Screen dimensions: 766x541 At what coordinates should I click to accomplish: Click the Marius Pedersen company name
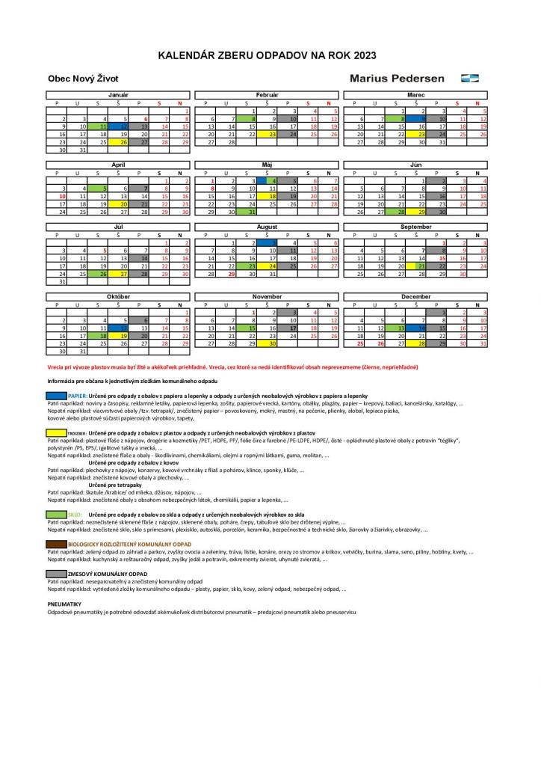pos(397,78)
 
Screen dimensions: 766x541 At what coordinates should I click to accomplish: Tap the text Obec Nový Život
pos(83,78)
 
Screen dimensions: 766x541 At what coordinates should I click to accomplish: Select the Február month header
pos(267,95)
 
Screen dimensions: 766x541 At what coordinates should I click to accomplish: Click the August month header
pos(267,226)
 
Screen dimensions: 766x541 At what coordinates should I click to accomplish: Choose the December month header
pos(415,296)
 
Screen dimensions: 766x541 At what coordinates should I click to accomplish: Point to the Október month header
pos(118,296)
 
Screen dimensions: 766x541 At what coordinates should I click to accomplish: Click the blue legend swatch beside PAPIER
pos(56,395)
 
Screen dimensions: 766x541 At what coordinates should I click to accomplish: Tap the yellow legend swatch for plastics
pos(56,432)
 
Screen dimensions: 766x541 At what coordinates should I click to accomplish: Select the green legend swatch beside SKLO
pos(56,515)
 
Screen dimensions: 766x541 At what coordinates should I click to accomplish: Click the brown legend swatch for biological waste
pos(56,544)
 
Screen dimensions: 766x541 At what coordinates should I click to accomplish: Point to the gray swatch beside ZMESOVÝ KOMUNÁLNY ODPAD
pos(56,574)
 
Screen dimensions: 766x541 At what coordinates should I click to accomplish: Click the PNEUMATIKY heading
pos(64,603)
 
